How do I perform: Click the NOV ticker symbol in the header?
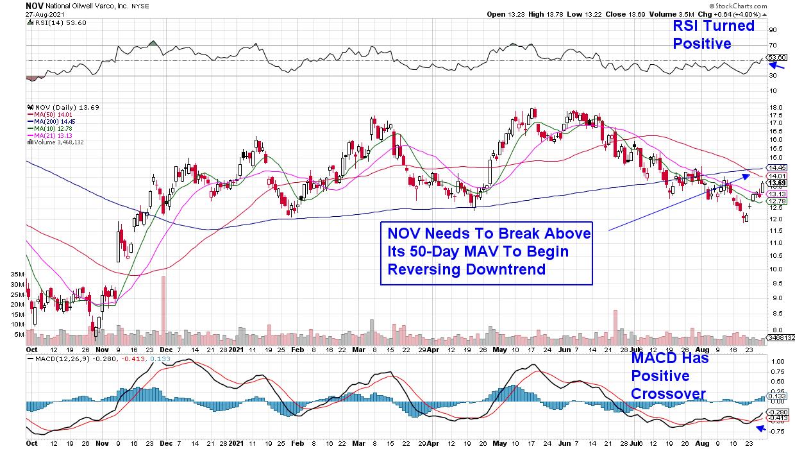coord(35,5)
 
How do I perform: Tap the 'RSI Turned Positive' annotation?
coord(712,35)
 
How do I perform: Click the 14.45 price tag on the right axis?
coord(778,167)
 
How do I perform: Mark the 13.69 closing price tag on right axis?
coord(778,183)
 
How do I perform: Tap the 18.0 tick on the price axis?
coord(776,107)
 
